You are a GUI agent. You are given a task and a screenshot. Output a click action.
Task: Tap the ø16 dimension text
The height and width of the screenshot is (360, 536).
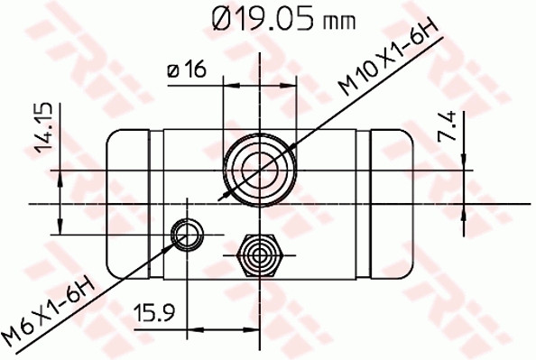184,69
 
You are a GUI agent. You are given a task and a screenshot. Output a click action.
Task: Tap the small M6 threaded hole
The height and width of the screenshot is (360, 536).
187,235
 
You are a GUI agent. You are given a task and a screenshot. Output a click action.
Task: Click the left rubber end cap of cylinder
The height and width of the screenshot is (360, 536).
128,203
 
